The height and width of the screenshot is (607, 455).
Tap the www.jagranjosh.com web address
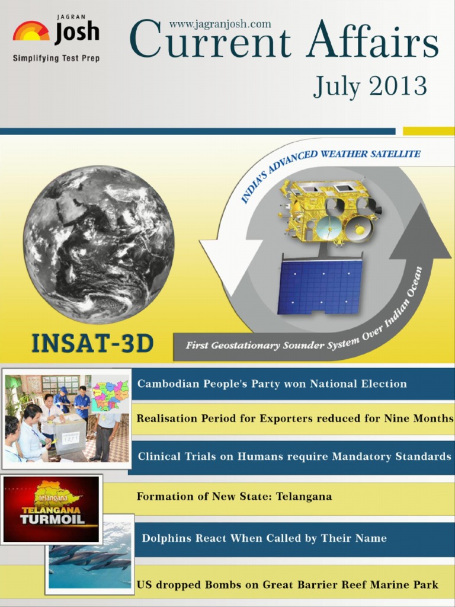220,24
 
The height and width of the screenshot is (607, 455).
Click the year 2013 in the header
398,85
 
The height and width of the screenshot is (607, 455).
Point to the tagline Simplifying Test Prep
56,59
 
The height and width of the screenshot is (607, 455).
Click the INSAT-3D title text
92,343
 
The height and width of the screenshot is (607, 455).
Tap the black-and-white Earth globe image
99,244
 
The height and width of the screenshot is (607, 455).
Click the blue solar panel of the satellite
321,286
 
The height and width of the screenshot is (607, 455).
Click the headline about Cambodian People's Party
272,384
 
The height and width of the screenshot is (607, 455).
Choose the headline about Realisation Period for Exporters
295,418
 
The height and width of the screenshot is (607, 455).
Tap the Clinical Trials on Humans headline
294,456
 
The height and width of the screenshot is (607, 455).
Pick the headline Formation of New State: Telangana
234,496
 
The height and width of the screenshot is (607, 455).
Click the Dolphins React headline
264,538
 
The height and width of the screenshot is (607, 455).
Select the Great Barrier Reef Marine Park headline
287,584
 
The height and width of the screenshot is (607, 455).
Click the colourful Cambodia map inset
110,397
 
